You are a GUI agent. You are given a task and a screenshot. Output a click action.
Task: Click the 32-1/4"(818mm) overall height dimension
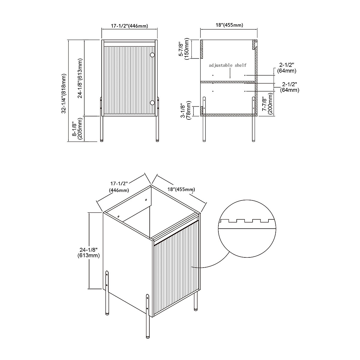point(64,93)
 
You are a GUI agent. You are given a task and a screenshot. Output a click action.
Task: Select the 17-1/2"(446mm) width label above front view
point(129,26)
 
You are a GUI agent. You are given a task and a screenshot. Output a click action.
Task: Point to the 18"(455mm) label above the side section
point(229,25)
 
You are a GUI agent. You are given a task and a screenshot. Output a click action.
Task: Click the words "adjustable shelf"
point(228,65)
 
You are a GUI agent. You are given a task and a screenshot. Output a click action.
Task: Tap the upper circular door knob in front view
point(152,55)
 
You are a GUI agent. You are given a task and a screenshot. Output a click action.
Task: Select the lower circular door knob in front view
point(152,103)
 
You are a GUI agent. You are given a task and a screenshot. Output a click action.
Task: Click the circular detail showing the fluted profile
point(247,229)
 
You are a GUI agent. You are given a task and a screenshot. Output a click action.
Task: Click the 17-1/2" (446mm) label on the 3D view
point(119,187)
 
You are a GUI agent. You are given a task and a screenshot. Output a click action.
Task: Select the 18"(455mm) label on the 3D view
point(181,189)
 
